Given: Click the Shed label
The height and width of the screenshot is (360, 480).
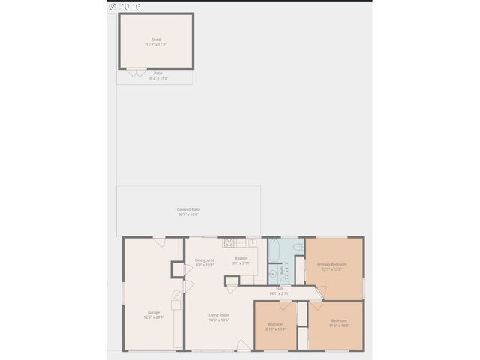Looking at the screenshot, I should [x=155, y=40].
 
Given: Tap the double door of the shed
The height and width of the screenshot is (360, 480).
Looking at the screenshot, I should [x=136, y=71].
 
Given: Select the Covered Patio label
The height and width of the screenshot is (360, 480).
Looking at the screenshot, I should [x=188, y=210].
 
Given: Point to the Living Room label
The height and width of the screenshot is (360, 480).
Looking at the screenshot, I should [x=218, y=315].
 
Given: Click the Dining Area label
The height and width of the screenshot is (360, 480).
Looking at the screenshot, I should [x=205, y=260].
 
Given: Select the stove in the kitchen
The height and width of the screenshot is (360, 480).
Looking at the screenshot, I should [x=228, y=242].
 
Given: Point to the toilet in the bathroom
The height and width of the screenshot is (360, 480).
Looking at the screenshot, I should [x=298, y=247].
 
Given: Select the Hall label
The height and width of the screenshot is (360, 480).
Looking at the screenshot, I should [x=279, y=288].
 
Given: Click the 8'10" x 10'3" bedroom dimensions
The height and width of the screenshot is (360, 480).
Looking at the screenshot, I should [x=277, y=330].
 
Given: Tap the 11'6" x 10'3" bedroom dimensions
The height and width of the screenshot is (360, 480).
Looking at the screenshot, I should [x=339, y=325].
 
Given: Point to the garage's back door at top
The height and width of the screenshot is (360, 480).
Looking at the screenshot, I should [x=159, y=240].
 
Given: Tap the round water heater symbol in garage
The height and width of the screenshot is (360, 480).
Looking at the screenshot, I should [x=177, y=295].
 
